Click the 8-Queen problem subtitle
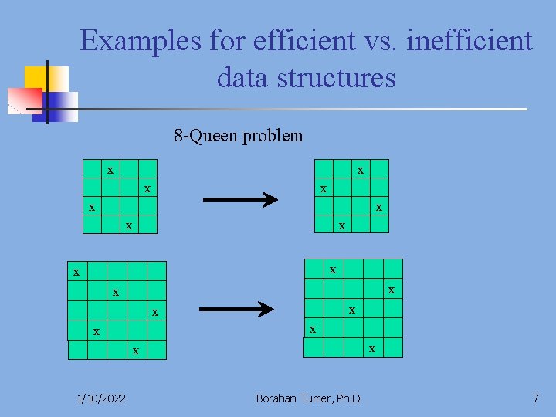tap(239, 137)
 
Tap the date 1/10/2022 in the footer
tap(103, 398)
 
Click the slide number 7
tap(535, 398)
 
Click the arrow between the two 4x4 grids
tap(239, 201)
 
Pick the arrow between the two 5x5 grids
tap(236, 309)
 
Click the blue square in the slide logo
tap(58, 104)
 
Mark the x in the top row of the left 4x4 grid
tap(110, 170)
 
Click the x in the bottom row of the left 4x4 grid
tap(129, 226)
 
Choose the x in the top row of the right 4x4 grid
tap(360, 170)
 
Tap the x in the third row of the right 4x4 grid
tap(378, 208)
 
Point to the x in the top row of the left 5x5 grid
tap(76, 273)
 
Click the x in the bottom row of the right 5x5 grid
tap(372, 348)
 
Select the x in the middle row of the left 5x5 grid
tap(155, 313)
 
